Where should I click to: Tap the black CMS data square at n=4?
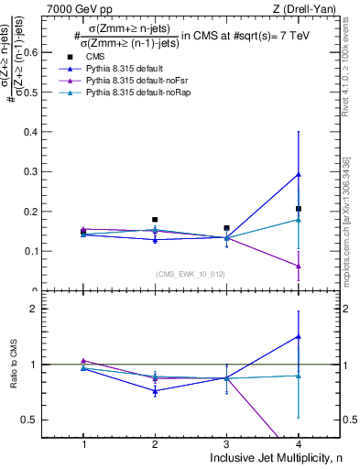coord(299,209)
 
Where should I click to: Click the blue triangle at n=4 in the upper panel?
coord(299,174)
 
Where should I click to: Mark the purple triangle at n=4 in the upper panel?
coord(299,266)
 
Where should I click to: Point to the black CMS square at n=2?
coord(155,220)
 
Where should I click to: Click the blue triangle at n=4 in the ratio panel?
coord(299,336)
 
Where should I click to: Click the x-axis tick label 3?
coord(226,443)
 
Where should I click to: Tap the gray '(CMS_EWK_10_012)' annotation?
coord(191,273)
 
